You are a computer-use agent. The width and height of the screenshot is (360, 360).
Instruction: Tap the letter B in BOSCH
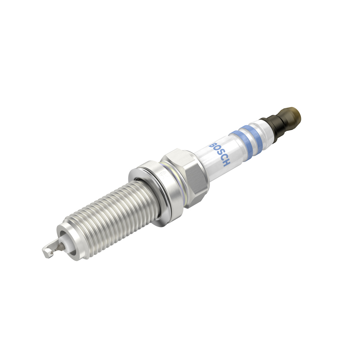click(x=212, y=144)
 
